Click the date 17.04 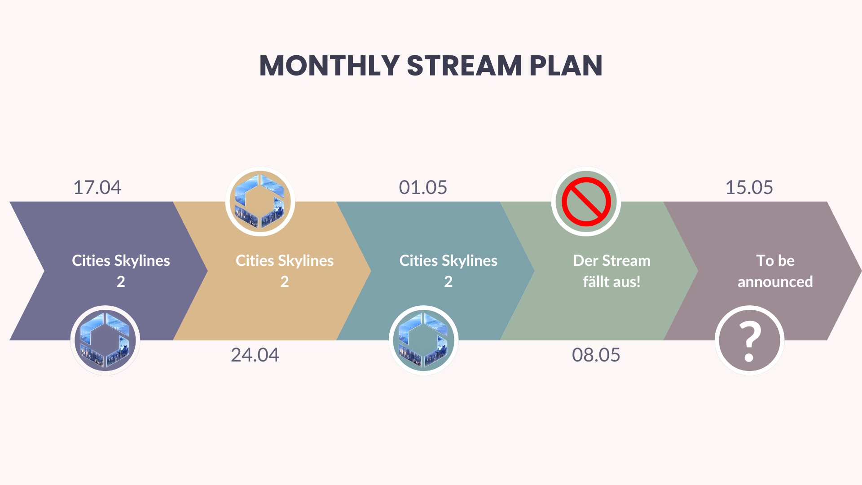[x=97, y=187]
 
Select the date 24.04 [x=255, y=355]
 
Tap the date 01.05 [x=423, y=187]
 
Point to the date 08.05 [x=596, y=355]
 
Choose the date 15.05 [x=749, y=187]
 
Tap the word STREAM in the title [x=464, y=66]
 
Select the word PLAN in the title [x=566, y=66]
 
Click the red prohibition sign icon [x=586, y=202]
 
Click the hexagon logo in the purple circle [x=105, y=340]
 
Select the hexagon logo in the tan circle [x=260, y=201]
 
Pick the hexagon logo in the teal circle [x=423, y=340]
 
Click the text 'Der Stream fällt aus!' [x=611, y=271]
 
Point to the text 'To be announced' [x=775, y=271]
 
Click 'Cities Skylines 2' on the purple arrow [x=121, y=271]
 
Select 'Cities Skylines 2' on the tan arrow [x=285, y=271]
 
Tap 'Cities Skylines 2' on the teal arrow [x=449, y=271]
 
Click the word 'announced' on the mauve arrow [x=775, y=282]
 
